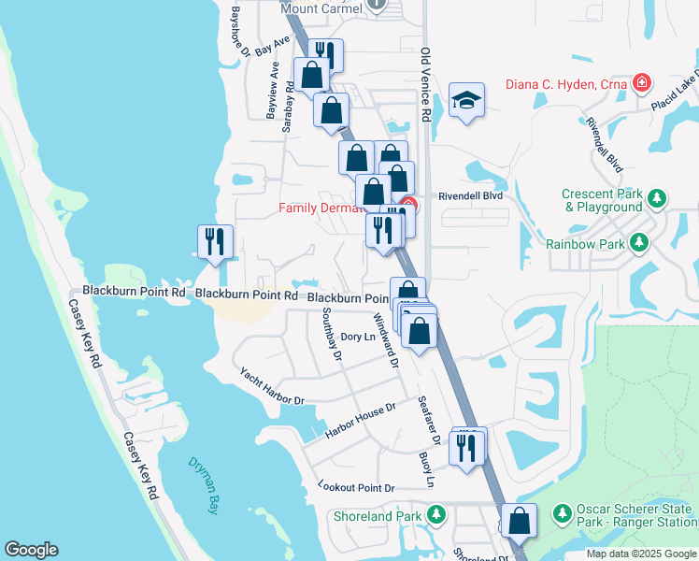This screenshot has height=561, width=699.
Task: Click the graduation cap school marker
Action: (466, 100)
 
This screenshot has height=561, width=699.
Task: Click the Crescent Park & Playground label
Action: (603, 200)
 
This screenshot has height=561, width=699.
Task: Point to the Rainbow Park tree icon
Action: (639, 244)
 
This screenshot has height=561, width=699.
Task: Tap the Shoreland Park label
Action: (378, 515)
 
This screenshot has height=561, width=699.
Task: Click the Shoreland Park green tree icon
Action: (435, 515)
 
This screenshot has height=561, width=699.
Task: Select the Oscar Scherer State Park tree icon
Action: (562, 514)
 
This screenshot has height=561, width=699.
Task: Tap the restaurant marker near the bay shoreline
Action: (215, 242)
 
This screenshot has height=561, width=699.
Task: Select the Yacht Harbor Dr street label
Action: (272, 386)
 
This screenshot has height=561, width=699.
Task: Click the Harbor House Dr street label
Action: (361, 421)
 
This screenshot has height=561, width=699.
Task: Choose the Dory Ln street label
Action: (358, 337)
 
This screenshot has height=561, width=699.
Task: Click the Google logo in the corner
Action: (31, 550)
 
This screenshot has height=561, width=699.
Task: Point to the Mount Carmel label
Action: (321, 8)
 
